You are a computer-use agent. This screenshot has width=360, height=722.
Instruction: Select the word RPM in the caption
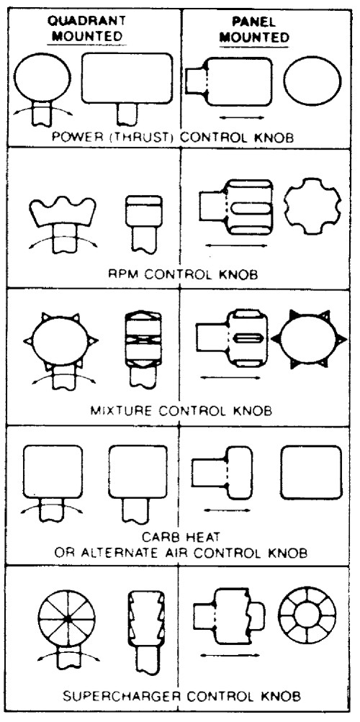coord(120,275)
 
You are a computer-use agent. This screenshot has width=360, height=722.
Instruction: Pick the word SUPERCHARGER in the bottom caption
coord(120,695)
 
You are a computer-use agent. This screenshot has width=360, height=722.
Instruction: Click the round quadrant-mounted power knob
coord(42,78)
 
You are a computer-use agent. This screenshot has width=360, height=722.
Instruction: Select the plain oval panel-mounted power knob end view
coord(312,81)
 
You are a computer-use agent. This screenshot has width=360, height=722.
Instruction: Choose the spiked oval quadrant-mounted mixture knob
coord(60,340)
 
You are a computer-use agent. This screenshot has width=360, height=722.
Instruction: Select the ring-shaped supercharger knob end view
coord(307,615)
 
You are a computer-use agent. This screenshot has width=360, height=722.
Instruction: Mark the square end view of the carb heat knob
coord(311,472)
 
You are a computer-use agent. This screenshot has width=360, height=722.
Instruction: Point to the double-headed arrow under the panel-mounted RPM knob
coord(237,245)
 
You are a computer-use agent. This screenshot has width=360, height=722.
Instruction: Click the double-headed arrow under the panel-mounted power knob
coord(242,118)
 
